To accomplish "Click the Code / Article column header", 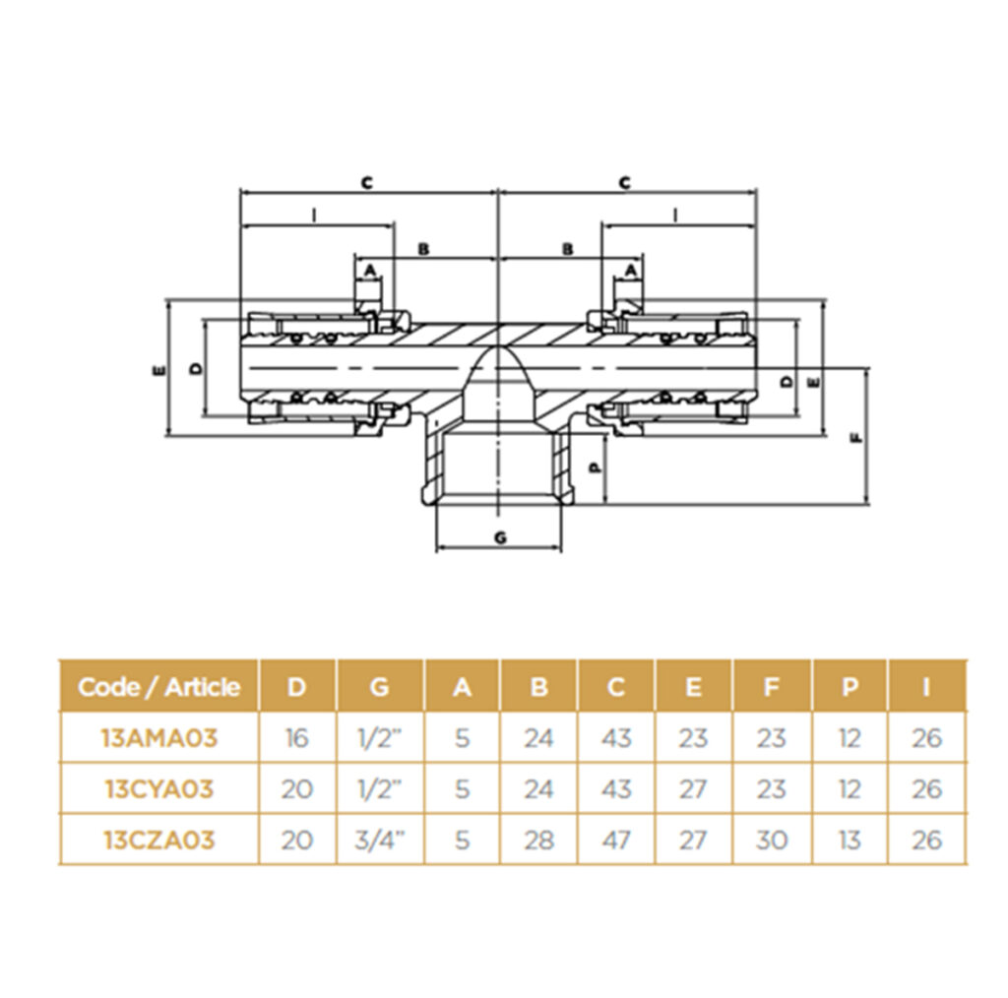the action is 158,687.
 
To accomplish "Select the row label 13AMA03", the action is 159,738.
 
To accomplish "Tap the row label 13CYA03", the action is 158,788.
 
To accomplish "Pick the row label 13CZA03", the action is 158,840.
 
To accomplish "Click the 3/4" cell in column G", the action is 380,840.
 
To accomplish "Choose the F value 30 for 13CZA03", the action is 771,840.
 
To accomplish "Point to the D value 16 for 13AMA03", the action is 296,738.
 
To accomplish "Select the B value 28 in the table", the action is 538,840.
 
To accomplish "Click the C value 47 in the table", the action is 616,840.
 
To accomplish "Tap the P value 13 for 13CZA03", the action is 850,840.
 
